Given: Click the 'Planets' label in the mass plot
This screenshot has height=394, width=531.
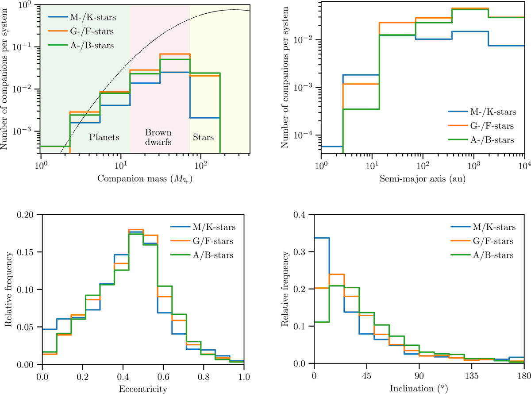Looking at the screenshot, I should (x=104, y=137).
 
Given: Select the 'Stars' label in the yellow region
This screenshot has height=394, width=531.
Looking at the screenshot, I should (x=203, y=137).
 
